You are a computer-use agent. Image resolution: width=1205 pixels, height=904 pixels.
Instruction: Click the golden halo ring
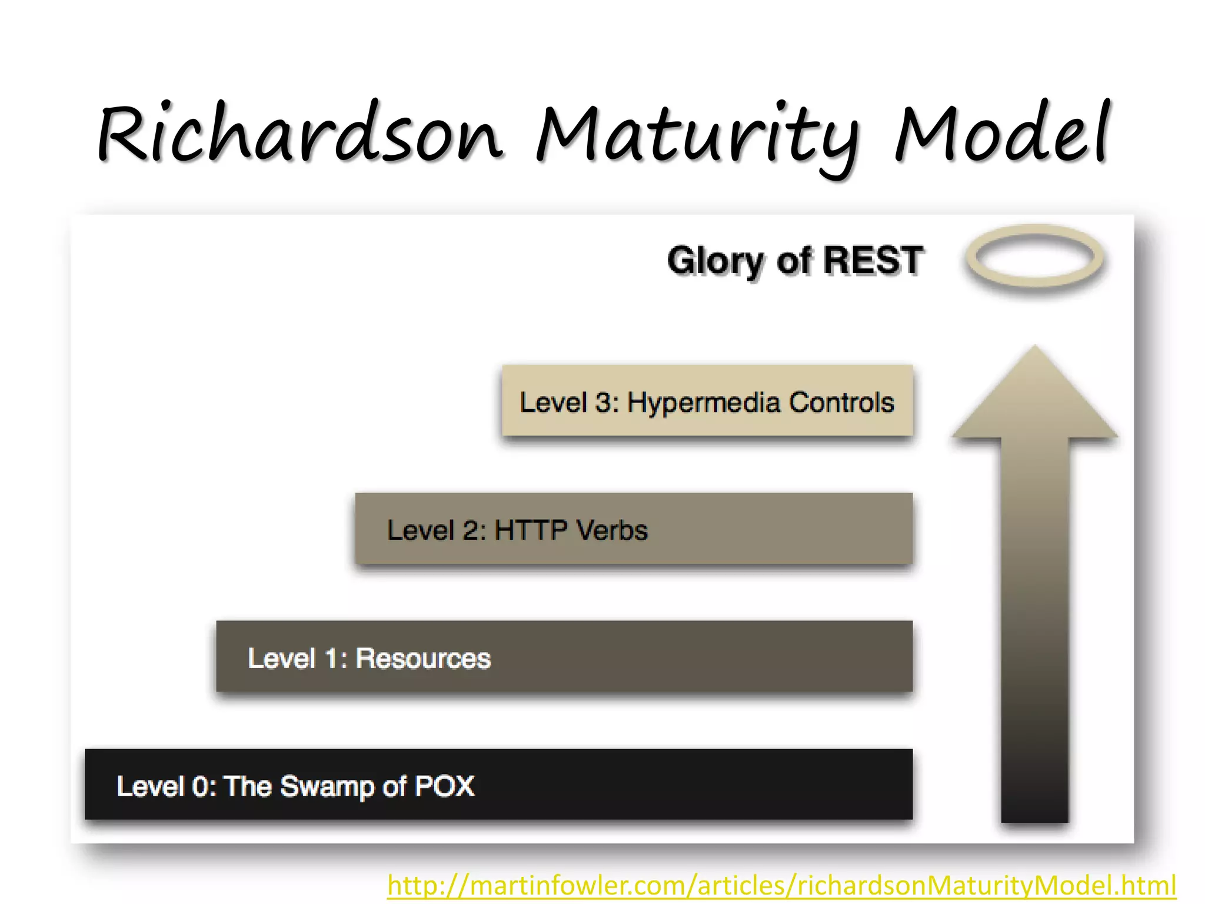point(1034,257)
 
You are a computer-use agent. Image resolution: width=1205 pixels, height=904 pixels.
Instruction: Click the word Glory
point(715,261)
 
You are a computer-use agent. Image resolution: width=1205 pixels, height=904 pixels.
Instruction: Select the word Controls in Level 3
point(841,403)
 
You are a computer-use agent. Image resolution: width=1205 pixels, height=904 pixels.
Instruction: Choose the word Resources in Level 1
point(423,659)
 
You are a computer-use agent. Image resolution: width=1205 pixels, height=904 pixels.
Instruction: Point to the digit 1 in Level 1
point(332,659)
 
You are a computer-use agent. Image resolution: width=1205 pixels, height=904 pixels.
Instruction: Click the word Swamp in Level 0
point(327,787)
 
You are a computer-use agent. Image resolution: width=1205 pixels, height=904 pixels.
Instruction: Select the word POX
point(444,786)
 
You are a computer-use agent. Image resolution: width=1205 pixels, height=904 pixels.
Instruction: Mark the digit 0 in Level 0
point(201,787)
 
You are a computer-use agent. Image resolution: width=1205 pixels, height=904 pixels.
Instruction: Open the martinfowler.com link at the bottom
point(781,885)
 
